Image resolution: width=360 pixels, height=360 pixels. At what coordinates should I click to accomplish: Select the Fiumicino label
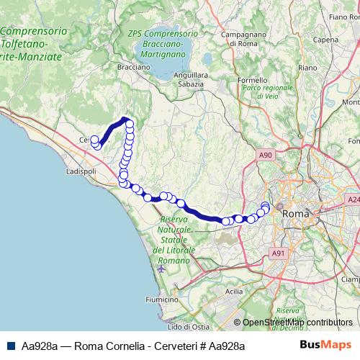point(161,299)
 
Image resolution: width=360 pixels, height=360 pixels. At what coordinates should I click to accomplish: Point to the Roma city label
point(295,214)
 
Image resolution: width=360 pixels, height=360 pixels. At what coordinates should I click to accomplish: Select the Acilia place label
point(234,292)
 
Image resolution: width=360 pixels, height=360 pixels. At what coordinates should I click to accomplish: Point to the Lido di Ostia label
point(171,328)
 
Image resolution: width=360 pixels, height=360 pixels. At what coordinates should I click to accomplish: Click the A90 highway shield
point(266,155)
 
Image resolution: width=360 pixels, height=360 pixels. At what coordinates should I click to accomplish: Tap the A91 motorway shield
point(279,253)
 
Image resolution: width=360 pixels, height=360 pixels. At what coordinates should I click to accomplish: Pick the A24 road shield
point(352,199)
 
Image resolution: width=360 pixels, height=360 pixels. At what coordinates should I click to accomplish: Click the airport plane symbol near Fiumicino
point(160,269)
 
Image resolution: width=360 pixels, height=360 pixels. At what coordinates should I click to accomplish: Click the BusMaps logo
point(325,346)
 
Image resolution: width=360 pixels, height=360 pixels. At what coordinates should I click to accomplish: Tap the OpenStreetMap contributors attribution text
point(294,323)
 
